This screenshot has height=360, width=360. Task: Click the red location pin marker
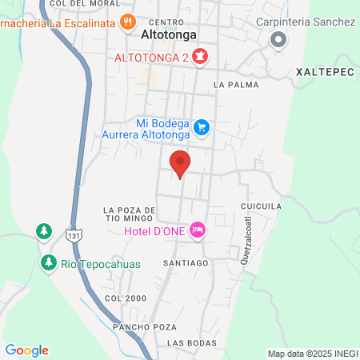[180, 162]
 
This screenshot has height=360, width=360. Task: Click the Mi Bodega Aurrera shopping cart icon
[202, 126]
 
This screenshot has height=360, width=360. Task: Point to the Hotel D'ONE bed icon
[198, 230]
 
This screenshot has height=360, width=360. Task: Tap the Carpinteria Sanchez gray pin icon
[278, 39]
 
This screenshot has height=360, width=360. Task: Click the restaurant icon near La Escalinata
[127, 22]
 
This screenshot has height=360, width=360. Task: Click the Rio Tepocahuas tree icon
[49, 262]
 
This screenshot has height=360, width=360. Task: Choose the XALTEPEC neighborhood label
[324, 70]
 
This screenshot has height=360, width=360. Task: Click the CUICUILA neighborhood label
[261, 206]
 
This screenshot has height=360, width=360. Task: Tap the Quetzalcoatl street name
[247, 239]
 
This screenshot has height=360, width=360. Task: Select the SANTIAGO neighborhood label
[186, 262]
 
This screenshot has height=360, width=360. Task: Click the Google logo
[26, 350]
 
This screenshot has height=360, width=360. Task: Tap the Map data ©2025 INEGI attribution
[312, 354]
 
